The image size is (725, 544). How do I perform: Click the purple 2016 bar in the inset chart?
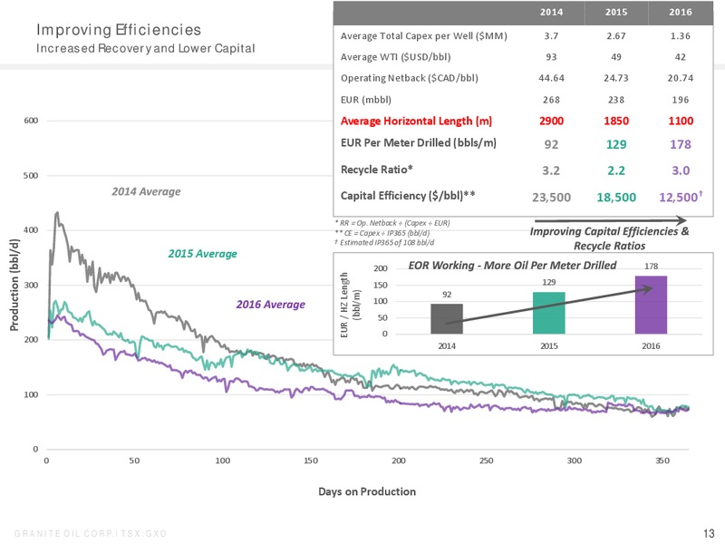(651, 305)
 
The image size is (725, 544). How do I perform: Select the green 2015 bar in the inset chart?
(549, 313)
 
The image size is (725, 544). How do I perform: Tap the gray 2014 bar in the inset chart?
(447, 319)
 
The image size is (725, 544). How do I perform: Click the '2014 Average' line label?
(146, 191)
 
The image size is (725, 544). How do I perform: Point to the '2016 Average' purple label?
(270, 305)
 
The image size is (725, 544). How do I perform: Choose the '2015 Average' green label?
(202, 254)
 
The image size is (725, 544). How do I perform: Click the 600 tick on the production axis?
(31, 121)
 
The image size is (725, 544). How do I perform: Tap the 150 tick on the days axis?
(311, 461)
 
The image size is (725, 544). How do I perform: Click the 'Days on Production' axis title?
(367, 491)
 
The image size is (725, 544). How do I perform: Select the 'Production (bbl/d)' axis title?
(14, 285)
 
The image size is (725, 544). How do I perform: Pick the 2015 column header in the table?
(616, 13)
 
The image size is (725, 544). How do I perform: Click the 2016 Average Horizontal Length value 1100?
(681, 121)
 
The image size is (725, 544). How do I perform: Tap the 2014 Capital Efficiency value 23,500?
(551, 198)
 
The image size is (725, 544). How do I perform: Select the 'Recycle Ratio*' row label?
(377, 170)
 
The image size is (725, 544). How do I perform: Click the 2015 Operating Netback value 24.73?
(616, 78)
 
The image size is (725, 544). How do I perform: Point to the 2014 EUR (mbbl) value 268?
(551, 100)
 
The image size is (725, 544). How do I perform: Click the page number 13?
(709, 533)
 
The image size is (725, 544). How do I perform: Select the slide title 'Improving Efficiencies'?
(119, 30)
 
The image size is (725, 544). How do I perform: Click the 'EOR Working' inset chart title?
(512, 265)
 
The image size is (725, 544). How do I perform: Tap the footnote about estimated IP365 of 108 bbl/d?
(384, 242)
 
